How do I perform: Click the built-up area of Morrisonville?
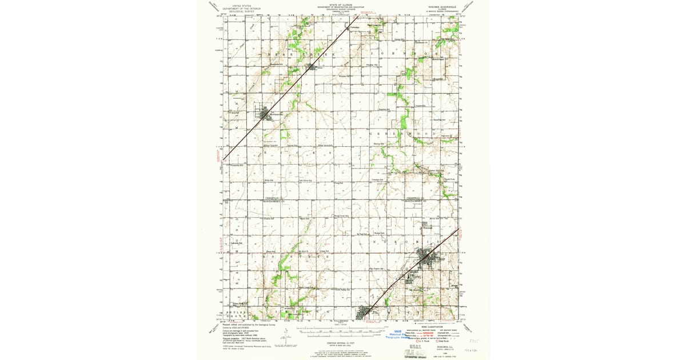[265, 115]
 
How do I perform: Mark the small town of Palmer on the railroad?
[312, 67]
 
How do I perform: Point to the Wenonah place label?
[428, 228]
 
